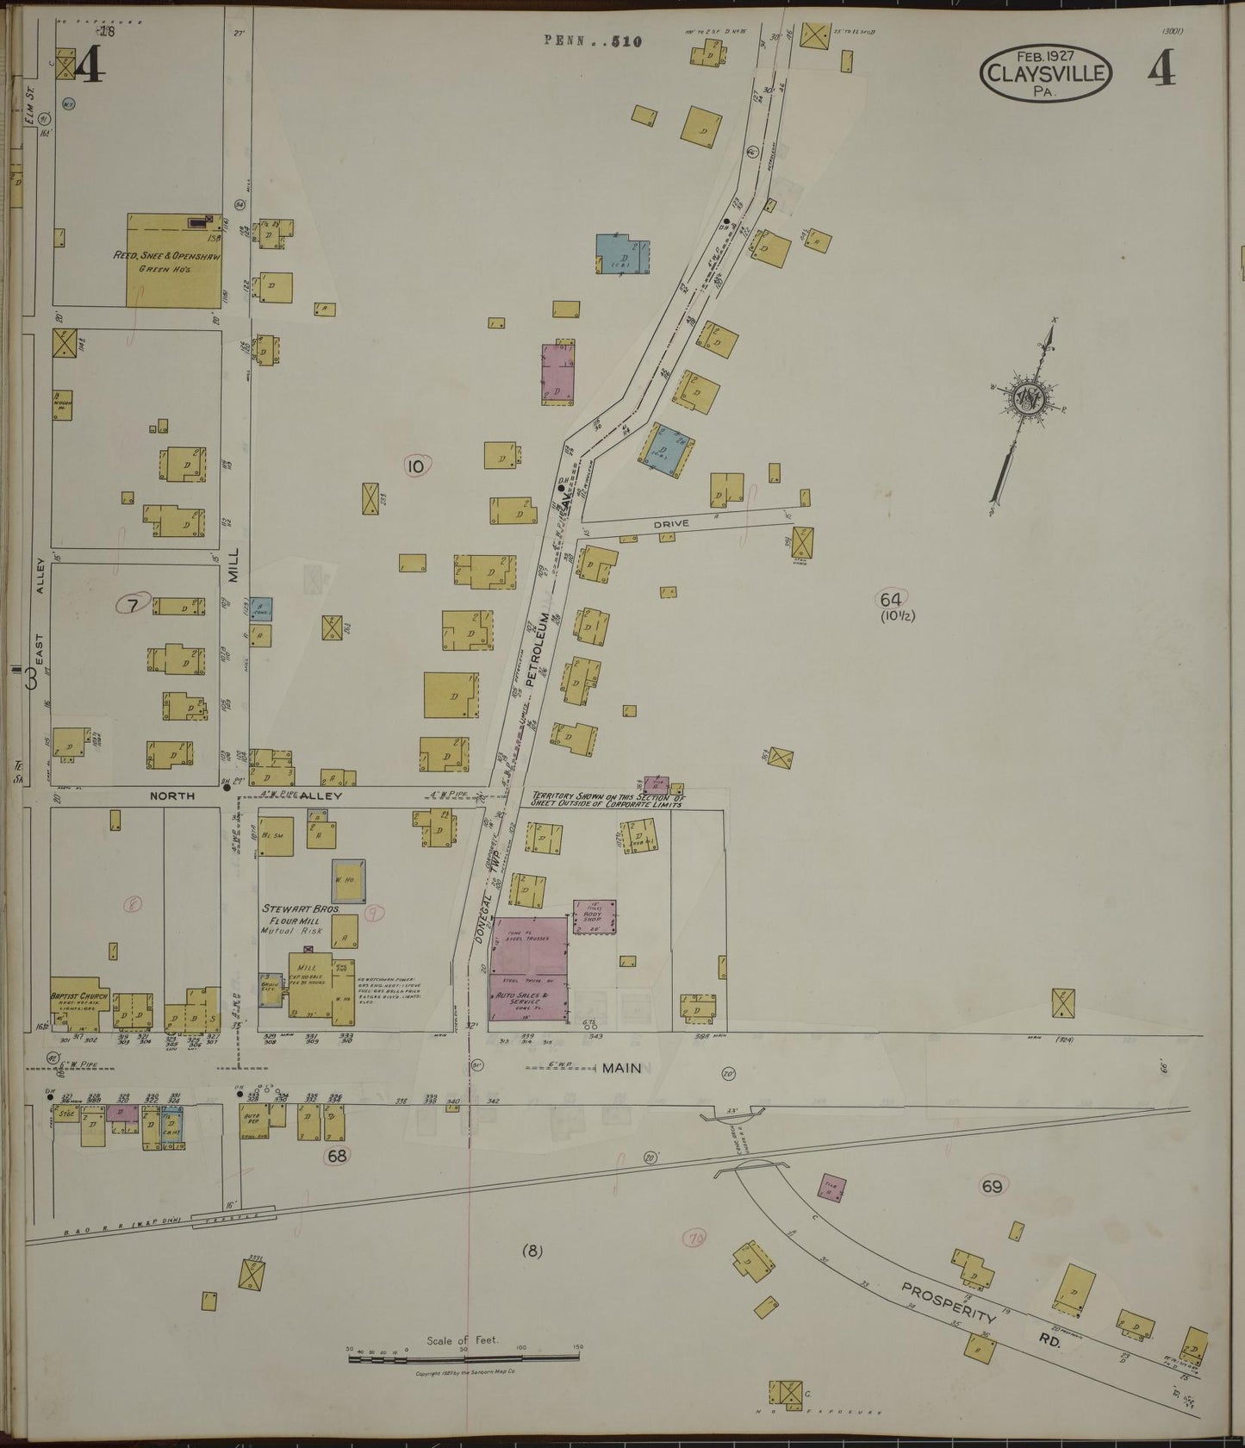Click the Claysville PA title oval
click(x=1044, y=74)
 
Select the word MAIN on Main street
click(x=621, y=1068)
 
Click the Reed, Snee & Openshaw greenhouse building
click(x=174, y=260)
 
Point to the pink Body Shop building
click(x=594, y=916)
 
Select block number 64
click(x=890, y=599)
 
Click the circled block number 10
click(x=416, y=466)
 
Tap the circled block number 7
click(x=133, y=605)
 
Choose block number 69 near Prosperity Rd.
click(x=993, y=1187)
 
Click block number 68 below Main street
click(x=335, y=1157)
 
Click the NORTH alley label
click(x=172, y=796)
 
